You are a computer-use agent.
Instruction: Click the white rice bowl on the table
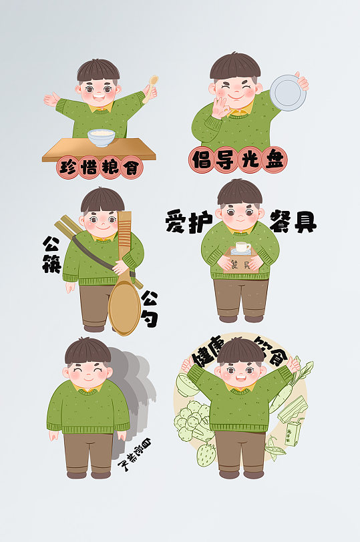pyautogui.click(x=104, y=137)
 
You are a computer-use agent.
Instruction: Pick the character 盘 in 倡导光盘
pyautogui.click(x=273, y=160)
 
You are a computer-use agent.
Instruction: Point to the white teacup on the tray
pyautogui.click(x=242, y=248)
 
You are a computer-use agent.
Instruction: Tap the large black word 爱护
pyautogui.click(x=184, y=223)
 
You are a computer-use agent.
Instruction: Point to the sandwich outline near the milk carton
pyautogui.click(x=294, y=406)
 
